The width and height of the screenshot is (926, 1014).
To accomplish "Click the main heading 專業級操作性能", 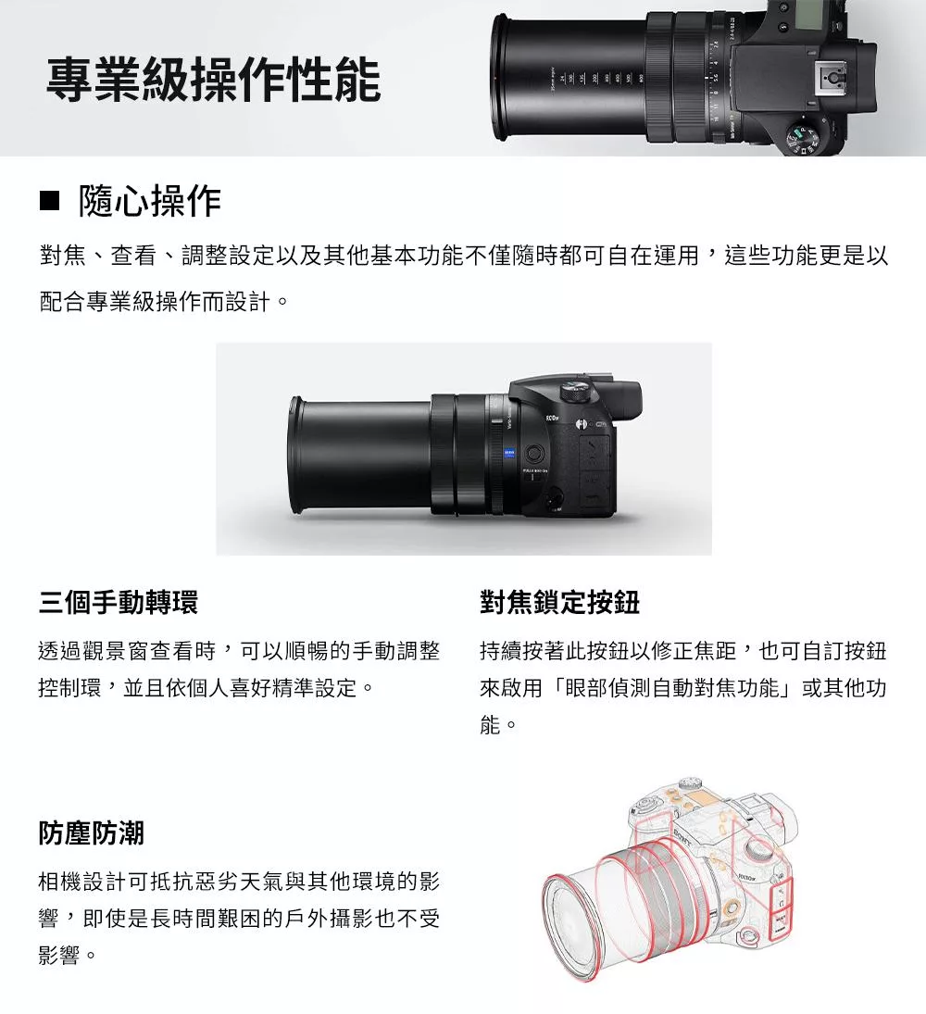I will click(214, 79).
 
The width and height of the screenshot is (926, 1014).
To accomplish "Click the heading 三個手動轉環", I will click(119, 603).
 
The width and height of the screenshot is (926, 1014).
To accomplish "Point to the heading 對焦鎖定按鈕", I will click(559, 603).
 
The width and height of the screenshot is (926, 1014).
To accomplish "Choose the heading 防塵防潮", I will click(92, 832).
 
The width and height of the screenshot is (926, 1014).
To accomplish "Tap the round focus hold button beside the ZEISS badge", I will click(534, 454).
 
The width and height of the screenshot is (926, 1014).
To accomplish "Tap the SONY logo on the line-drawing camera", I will click(682, 839).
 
